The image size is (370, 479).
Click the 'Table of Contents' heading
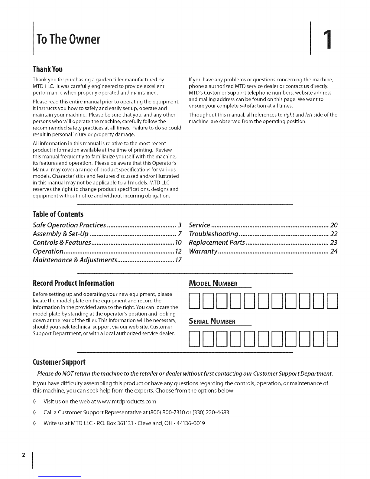[x=57, y=214]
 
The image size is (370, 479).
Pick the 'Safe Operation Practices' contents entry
[x=69, y=225]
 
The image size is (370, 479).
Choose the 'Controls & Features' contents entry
[x=62, y=243]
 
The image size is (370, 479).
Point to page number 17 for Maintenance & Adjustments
[x=178, y=260]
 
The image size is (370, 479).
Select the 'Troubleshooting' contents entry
[x=214, y=234]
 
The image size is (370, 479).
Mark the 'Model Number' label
[x=213, y=284]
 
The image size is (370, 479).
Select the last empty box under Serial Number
[x=332, y=339]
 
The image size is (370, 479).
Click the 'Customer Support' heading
[x=59, y=362]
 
